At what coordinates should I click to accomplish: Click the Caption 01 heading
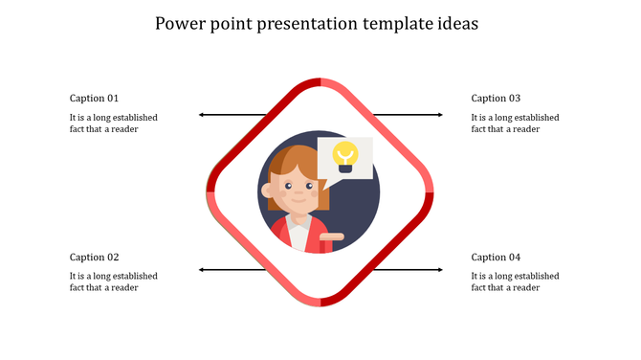tap(94, 98)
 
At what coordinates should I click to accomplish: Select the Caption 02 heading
tap(94, 257)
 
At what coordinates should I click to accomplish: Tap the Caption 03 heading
tap(496, 98)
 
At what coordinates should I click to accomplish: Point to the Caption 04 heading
tap(496, 257)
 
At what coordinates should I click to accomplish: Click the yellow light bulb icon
tap(344, 155)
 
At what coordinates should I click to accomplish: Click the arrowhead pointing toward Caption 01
tap(201, 115)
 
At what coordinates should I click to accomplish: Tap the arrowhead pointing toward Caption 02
tap(201, 270)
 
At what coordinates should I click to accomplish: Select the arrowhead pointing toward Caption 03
tap(440, 115)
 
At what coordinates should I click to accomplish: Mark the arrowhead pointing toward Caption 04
tap(440, 270)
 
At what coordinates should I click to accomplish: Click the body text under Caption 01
tap(113, 123)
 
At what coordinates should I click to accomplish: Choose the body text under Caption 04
tap(515, 281)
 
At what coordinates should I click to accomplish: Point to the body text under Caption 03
tap(515, 123)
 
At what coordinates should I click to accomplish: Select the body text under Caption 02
tap(113, 281)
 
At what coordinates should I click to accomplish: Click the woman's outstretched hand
tap(332, 235)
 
